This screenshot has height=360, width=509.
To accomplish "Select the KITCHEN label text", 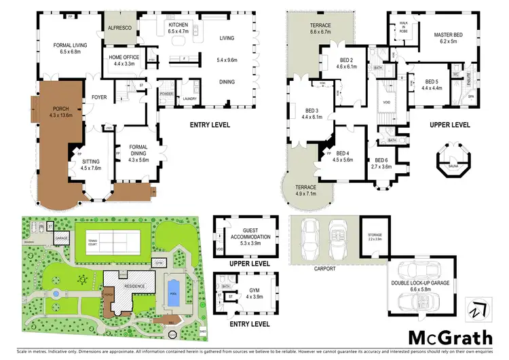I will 178,24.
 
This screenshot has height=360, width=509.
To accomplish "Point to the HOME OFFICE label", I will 124,58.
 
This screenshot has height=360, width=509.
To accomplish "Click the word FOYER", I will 99,97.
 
